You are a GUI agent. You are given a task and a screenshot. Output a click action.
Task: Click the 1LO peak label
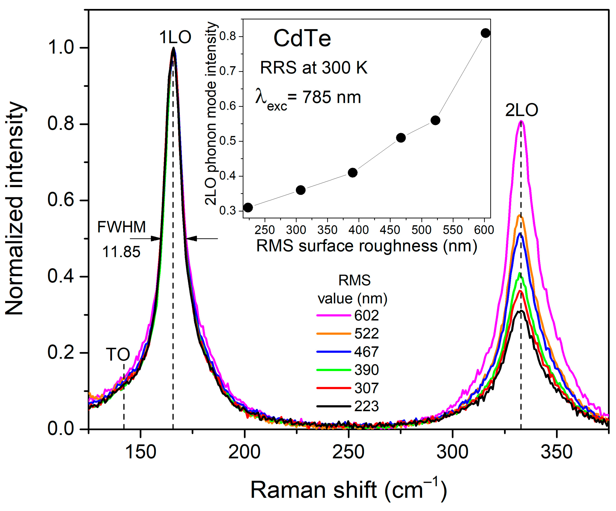(175, 38)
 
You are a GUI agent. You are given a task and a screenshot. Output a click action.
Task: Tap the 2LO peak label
(521, 110)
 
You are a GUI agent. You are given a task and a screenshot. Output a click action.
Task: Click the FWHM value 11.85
(121, 252)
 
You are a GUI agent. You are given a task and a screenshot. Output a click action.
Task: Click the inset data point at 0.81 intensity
(485, 33)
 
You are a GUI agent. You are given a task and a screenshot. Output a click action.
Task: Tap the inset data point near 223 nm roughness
(248, 208)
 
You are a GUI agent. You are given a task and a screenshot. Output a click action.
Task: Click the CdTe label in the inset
(302, 39)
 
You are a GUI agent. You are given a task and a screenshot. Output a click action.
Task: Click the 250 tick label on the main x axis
(348, 452)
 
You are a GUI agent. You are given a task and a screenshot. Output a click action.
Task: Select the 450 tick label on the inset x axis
(390, 230)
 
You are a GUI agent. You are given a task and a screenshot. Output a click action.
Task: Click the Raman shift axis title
(348, 490)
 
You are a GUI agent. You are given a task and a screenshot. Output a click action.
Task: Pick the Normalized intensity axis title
(15, 208)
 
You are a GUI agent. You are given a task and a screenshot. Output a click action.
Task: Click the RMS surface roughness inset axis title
(367, 246)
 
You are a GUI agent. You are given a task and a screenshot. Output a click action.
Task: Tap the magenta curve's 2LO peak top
(521, 121)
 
